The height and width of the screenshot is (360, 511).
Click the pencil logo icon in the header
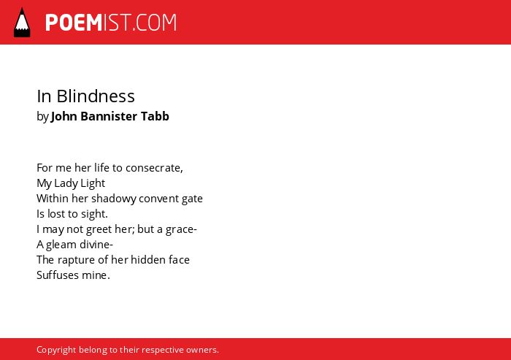[x=22, y=23]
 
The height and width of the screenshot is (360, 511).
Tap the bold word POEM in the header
[x=74, y=23]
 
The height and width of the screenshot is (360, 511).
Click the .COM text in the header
[x=154, y=23]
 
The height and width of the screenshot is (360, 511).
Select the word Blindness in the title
[x=96, y=96]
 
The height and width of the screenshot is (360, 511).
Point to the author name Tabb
[x=155, y=116]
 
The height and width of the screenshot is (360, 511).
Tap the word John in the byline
[x=64, y=116]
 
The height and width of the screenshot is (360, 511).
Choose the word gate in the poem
[x=192, y=199]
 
